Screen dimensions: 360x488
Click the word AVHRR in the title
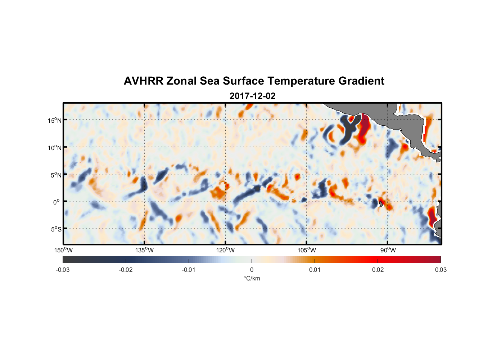tap(143, 81)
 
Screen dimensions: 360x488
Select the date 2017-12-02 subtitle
tap(252, 96)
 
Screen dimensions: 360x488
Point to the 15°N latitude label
tap(54, 120)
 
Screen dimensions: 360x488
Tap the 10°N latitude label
tap(54, 148)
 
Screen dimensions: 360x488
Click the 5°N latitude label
tap(55, 175)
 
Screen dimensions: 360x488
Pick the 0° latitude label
tap(57, 202)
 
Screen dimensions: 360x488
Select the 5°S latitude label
tap(55, 229)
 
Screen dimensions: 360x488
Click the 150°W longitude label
tap(63, 250)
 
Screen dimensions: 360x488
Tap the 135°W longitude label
tap(144, 250)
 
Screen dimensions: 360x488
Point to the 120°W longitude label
tap(225, 250)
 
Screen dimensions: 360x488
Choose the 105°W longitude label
tap(307, 250)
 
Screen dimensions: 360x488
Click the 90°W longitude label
tap(388, 250)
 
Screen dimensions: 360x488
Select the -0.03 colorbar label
tap(63, 270)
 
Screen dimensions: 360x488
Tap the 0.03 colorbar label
tap(440, 270)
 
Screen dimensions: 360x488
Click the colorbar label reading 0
tap(252, 270)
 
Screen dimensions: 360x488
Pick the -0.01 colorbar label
tap(188, 270)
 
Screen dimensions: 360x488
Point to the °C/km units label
tap(252, 278)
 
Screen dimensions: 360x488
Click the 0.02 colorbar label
tap(378, 270)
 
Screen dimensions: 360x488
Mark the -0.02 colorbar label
tap(125, 270)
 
